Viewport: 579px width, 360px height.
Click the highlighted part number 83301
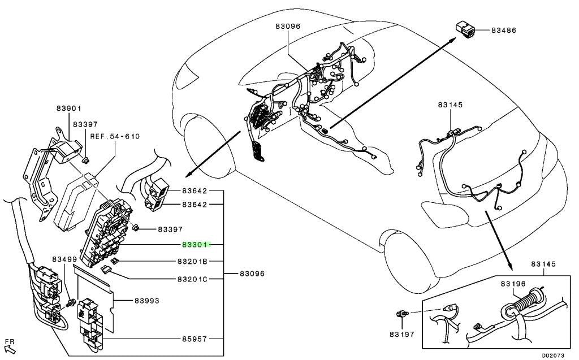point(195,245)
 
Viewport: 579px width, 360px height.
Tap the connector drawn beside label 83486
point(464,29)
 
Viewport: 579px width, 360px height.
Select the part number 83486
point(504,31)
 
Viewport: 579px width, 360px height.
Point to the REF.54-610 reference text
point(115,136)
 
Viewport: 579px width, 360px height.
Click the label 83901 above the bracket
point(69,108)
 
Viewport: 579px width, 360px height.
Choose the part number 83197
point(402,334)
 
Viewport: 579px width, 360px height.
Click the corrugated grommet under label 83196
point(525,301)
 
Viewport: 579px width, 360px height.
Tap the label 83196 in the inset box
point(513,284)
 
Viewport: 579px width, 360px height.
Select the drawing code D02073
point(553,355)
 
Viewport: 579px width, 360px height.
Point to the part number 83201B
point(192,262)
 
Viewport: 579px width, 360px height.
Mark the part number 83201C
point(192,279)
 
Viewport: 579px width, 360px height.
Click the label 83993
point(146,301)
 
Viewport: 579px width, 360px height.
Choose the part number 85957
point(195,339)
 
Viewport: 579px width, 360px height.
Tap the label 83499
point(64,259)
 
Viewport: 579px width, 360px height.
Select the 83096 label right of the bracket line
point(252,274)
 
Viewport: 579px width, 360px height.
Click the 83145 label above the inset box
point(543,264)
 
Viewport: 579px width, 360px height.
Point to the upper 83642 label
point(195,191)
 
